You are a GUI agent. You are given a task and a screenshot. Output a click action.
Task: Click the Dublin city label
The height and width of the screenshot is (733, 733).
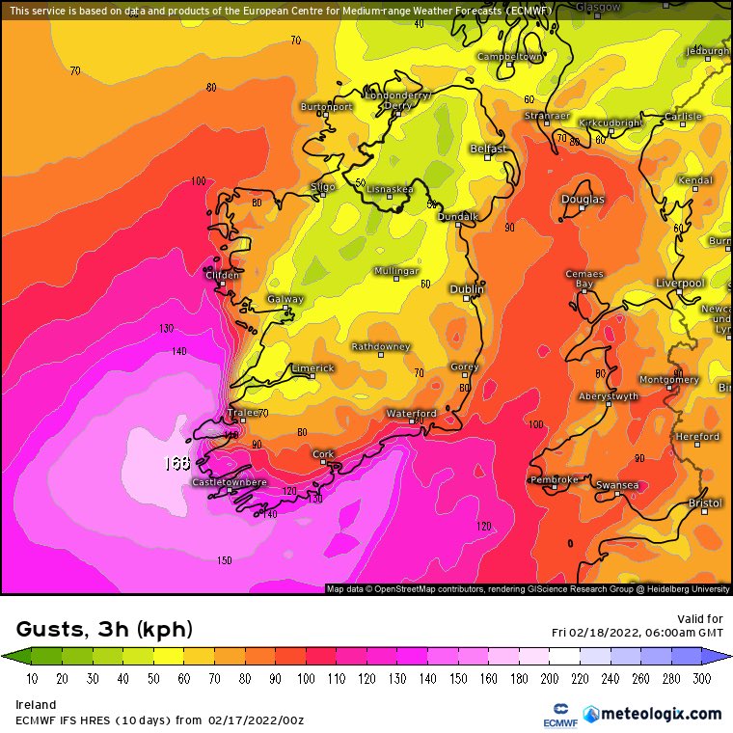point(467,289)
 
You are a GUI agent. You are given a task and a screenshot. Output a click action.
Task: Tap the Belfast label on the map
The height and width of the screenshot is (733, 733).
point(487,149)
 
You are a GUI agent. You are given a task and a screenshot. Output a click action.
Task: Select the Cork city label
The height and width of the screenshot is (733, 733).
point(323,453)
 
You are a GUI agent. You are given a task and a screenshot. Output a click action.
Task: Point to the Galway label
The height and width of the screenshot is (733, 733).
point(285,299)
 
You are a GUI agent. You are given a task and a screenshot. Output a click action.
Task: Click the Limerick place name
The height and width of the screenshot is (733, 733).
point(312,368)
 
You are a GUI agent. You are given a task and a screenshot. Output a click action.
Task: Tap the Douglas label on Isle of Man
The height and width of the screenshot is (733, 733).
point(583,200)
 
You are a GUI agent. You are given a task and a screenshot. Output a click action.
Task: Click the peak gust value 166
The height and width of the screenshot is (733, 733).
point(176,463)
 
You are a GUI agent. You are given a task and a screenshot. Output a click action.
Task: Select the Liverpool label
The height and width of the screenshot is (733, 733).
point(680,284)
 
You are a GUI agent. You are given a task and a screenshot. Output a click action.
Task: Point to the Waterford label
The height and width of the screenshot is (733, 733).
point(412,413)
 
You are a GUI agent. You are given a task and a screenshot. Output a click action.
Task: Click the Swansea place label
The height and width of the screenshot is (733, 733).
point(617,485)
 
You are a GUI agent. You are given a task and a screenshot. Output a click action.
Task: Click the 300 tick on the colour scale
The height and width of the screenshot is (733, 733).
point(701,679)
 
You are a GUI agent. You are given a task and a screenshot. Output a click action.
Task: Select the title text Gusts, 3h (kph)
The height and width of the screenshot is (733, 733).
point(104,630)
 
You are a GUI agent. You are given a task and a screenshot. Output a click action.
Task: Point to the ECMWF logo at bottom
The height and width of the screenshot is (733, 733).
point(553,715)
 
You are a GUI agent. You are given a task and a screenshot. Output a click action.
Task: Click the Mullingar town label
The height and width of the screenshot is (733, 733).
point(395,271)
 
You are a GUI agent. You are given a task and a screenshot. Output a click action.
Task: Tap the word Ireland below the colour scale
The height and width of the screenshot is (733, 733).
point(36,705)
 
